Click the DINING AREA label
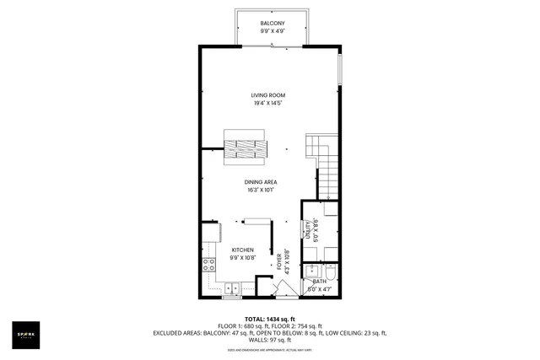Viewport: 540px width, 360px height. (261, 182)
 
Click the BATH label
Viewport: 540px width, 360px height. (319, 281)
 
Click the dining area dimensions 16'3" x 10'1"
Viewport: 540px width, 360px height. (261, 191)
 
